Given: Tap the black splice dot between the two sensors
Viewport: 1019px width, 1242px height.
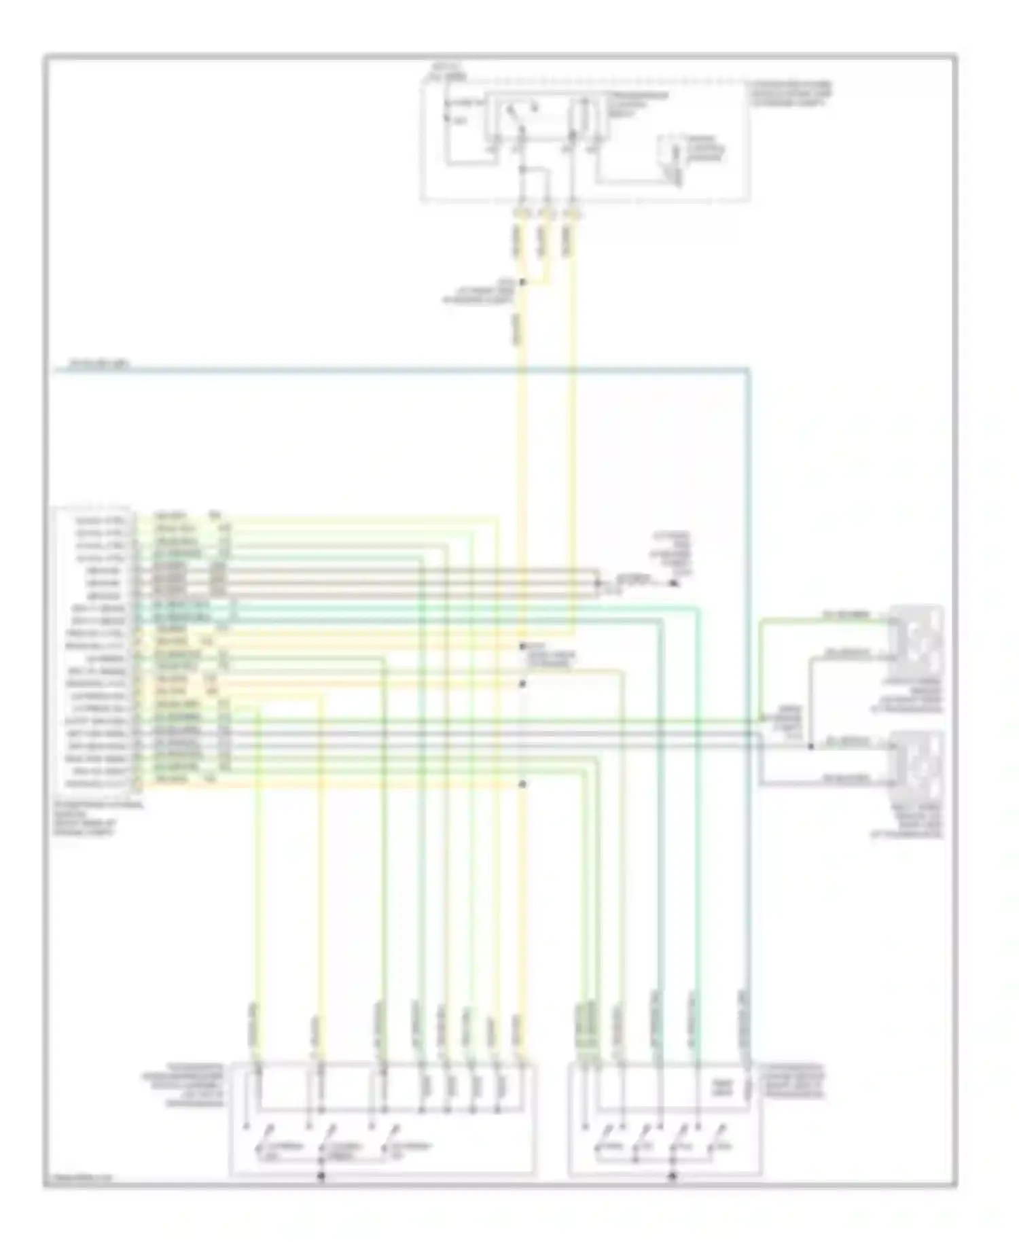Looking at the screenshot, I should [x=810, y=746].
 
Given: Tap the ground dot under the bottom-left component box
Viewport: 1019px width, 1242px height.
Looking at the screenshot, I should [x=322, y=1175].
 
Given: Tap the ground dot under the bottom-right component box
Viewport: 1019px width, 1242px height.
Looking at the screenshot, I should [x=673, y=1175].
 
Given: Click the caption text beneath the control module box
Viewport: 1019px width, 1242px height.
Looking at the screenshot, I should [x=95, y=817].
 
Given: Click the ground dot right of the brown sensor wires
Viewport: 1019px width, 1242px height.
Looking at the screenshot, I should [x=674, y=583].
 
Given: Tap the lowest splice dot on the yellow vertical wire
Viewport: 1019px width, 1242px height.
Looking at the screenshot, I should [x=522, y=784].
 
